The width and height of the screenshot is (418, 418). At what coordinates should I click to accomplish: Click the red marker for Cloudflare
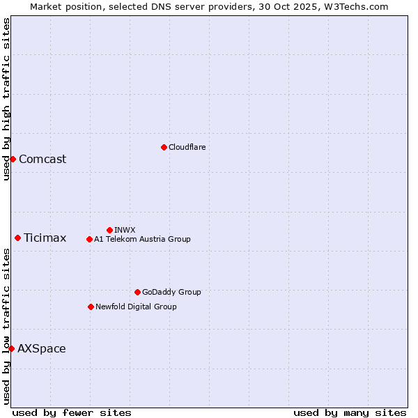[x=164, y=147]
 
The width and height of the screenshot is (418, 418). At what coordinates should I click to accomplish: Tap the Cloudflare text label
[x=187, y=147]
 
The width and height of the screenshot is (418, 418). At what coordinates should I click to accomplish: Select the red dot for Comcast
[x=13, y=159]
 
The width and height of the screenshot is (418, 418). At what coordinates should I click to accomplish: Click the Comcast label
[x=42, y=159]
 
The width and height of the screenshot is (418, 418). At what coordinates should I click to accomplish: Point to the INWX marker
[x=109, y=230]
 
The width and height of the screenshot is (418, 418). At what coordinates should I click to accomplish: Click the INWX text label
[x=125, y=230]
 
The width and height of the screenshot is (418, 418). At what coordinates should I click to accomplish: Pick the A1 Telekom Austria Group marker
[x=89, y=239]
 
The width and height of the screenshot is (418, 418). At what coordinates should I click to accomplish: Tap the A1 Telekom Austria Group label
[x=142, y=239]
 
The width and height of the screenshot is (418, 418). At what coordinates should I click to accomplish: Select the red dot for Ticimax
[x=17, y=238]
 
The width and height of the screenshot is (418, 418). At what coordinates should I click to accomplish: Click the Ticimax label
[x=45, y=238]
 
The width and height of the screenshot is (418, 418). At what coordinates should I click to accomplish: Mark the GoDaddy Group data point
[x=137, y=292]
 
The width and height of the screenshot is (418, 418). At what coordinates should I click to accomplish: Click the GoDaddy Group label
[x=171, y=292]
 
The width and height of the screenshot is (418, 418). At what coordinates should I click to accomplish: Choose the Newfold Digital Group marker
[x=91, y=307]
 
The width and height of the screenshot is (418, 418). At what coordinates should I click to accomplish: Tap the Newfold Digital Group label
[x=136, y=307]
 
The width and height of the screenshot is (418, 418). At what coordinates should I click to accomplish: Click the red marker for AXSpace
[x=11, y=348]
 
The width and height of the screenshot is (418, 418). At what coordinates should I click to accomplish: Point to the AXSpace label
[x=42, y=349]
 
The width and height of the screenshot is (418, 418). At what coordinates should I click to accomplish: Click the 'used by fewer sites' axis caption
[x=72, y=412]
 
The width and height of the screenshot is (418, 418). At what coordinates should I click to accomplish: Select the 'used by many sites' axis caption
[x=350, y=412]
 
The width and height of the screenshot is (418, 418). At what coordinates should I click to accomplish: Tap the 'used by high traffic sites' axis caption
[x=7, y=99]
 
